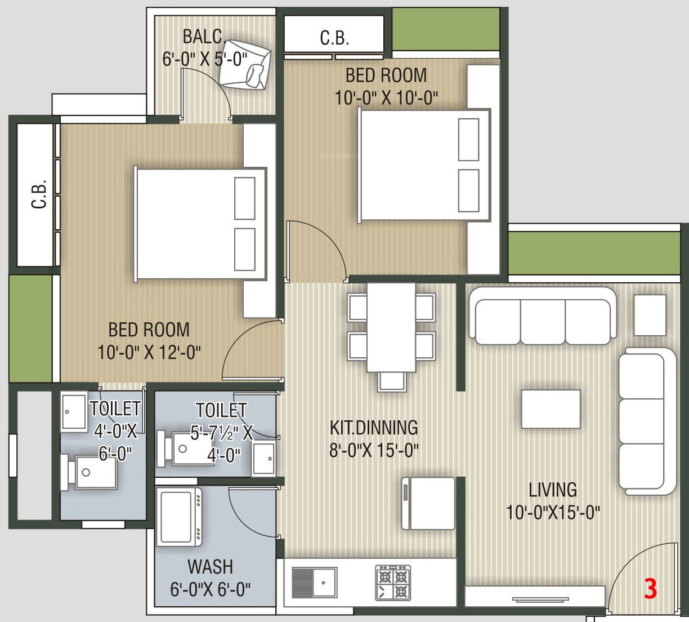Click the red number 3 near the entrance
click(650, 589)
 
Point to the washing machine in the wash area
click(180, 517)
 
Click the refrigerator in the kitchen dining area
click(428, 503)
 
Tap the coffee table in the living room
click(551, 409)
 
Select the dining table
click(391, 327)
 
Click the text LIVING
click(553, 490)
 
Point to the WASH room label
click(210, 567)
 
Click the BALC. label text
click(204, 37)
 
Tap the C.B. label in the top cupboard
click(334, 38)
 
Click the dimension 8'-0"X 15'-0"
click(374, 450)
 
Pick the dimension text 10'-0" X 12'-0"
click(149, 353)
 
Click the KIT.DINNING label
click(374, 428)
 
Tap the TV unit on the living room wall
click(535, 597)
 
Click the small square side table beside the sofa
click(650, 315)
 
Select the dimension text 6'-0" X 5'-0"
click(205, 59)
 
